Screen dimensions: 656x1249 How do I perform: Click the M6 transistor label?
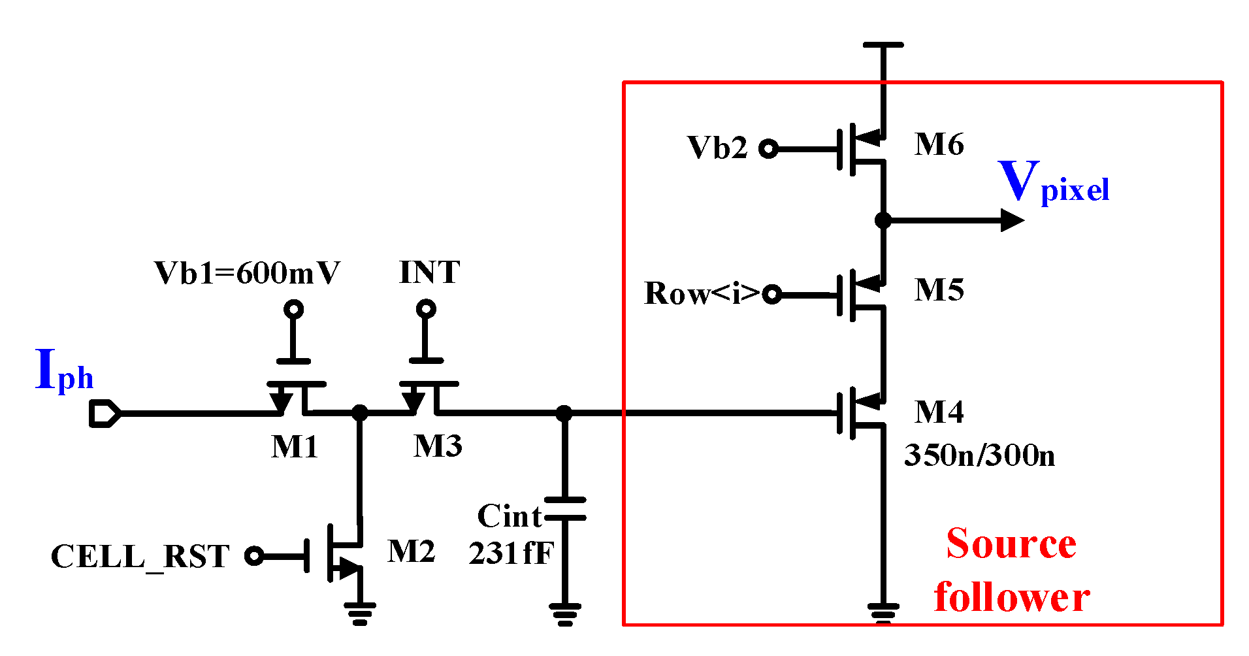[x=939, y=144]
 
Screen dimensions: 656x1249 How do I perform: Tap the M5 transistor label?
[x=939, y=290]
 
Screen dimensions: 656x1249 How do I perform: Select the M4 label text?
[x=939, y=412]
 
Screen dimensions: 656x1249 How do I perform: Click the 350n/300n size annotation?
[x=979, y=455]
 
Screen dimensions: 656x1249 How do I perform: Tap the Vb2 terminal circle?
[x=769, y=149]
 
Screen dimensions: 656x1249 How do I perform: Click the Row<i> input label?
[x=702, y=293]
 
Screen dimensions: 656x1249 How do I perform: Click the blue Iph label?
[x=64, y=371]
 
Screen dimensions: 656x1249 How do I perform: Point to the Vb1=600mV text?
[x=247, y=273]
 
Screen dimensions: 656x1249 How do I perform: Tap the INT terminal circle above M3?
[x=426, y=308]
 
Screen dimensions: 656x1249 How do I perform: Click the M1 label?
[x=295, y=448]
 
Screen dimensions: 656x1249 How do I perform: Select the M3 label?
[x=438, y=446]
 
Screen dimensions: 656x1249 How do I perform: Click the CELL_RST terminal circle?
[x=254, y=556]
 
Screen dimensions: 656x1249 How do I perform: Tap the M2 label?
[x=411, y=551]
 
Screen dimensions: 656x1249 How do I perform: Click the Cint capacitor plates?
[x=565, y=509]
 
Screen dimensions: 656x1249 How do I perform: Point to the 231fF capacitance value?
[x=510, y=553]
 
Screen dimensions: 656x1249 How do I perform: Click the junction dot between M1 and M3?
[x=360, y=412]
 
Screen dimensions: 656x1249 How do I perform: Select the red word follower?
[x=1011, y=598]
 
